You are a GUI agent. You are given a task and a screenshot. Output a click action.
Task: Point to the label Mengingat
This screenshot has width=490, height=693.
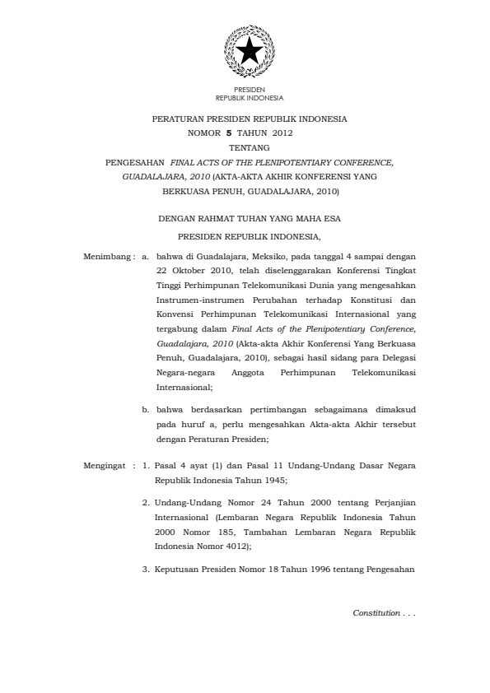pos(107,465)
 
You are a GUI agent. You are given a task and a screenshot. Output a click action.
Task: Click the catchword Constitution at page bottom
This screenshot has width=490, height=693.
pos(372,613)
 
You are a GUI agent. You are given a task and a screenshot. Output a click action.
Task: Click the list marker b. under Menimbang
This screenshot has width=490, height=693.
pos(145,407)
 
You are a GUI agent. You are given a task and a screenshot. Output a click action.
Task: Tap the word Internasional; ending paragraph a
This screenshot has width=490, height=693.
pos(184,386)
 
